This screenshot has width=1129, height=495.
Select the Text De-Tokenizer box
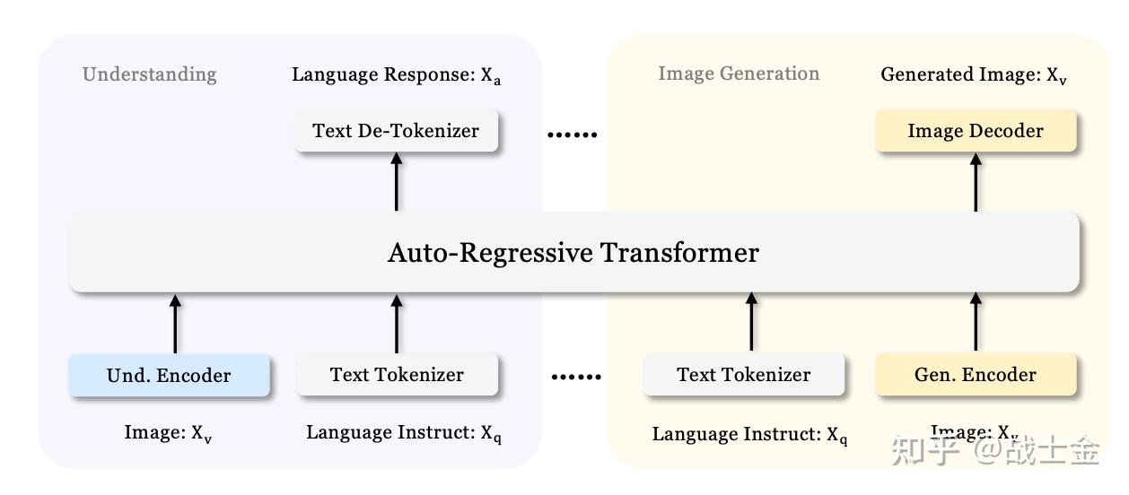click(396, 131)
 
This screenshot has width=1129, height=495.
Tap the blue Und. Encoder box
click(169, 375)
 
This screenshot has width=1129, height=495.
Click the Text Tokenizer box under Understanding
click(397, 375)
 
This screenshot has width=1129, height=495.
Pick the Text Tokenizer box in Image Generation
click(743, 375)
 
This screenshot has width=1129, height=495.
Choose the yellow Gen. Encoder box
click(975, 375)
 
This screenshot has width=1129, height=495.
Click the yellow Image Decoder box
click(975, 131)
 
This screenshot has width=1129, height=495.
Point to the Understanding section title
click(150, 74)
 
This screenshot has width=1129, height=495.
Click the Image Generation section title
click(739, 74)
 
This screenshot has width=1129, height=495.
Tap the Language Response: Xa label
click(396, 75)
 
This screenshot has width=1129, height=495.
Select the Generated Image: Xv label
click(974, 75)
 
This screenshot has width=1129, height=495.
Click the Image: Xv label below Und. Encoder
click(168, 434)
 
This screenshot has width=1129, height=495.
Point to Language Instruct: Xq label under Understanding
click(403, 434)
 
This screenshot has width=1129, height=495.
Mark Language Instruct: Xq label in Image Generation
click(749, 436)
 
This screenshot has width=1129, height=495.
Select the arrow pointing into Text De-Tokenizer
click(397, 181)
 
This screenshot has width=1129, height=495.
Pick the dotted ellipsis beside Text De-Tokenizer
click(572, 135)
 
